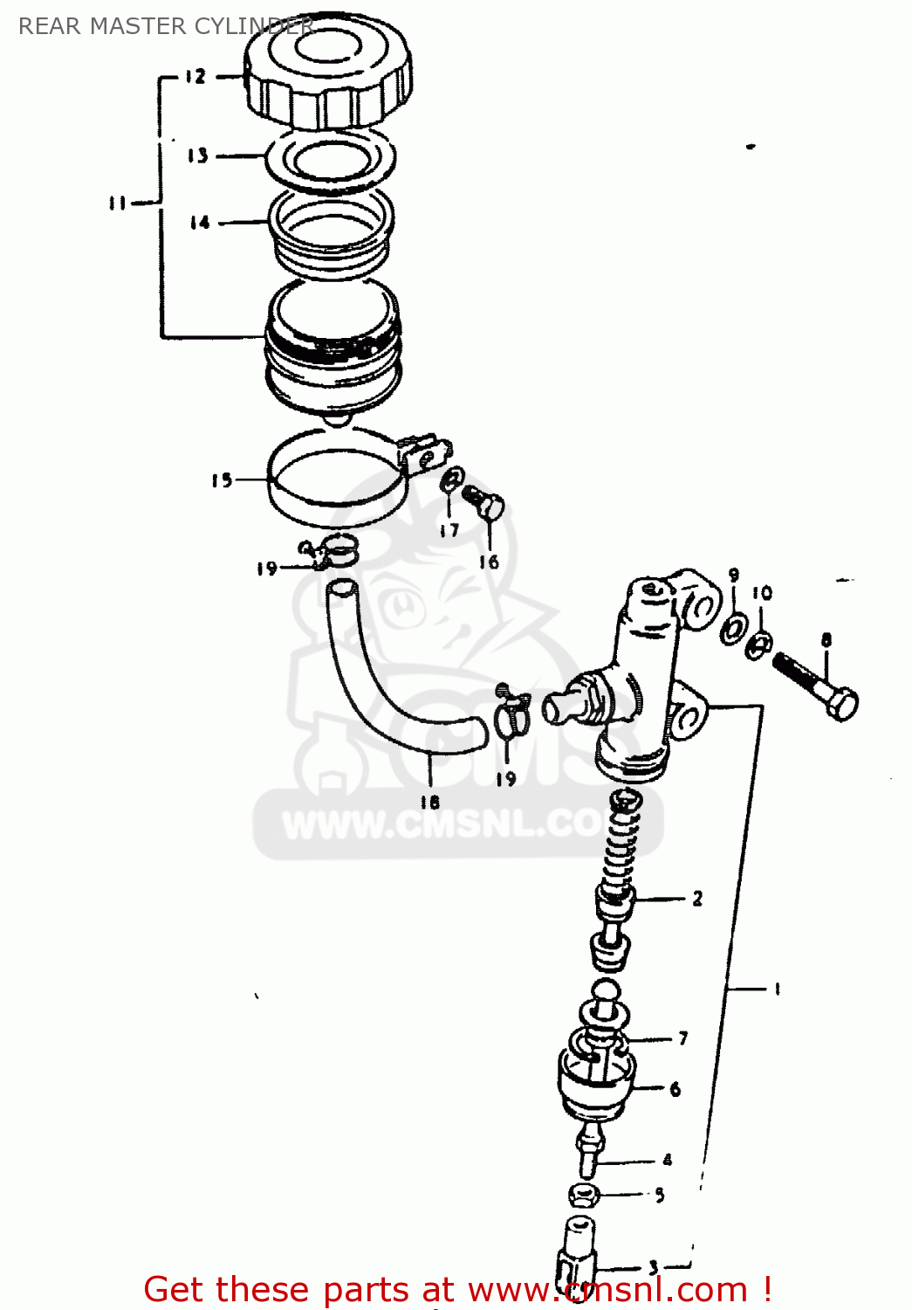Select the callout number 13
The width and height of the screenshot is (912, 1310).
point(198,155)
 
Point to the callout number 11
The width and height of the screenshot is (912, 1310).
point(118,203)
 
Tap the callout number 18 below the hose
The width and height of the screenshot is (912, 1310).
point(429,802)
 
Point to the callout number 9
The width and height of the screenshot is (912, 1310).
point(734,576)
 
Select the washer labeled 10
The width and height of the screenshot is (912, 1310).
point(759,645)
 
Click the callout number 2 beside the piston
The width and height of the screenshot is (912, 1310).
point(697,899)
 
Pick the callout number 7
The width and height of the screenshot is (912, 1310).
point(683,1038)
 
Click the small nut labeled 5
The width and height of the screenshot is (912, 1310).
point(584,1193)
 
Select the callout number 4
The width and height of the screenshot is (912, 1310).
point(668,1160)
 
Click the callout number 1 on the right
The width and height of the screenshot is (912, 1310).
point(777,989)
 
